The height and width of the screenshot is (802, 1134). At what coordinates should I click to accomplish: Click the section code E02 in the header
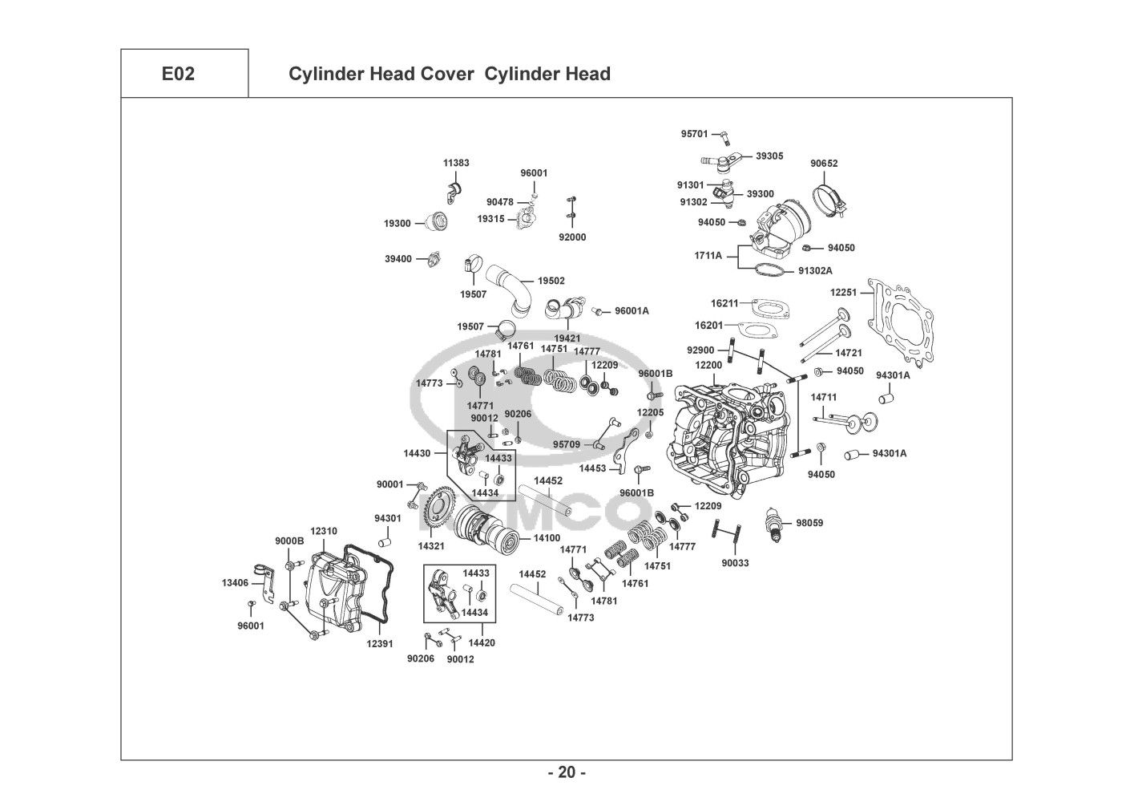pos(177,75)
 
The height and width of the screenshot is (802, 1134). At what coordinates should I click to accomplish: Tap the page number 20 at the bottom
pos(567,772)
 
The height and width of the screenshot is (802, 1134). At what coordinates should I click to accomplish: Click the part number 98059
pos(809,523)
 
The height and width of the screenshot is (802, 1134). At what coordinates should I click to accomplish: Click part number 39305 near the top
pos(769,156)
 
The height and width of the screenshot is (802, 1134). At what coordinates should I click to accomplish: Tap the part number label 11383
pos(457,163)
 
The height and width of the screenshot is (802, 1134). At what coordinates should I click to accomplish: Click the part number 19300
pos(397,224)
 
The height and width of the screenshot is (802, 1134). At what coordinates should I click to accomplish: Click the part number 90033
pos(735,563)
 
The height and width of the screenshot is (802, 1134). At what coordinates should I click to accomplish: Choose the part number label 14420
pos(482,642)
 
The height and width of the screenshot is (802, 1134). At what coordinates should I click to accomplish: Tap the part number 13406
pos(235,582)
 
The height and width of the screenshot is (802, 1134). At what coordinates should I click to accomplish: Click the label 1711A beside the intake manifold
pos(708,256)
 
